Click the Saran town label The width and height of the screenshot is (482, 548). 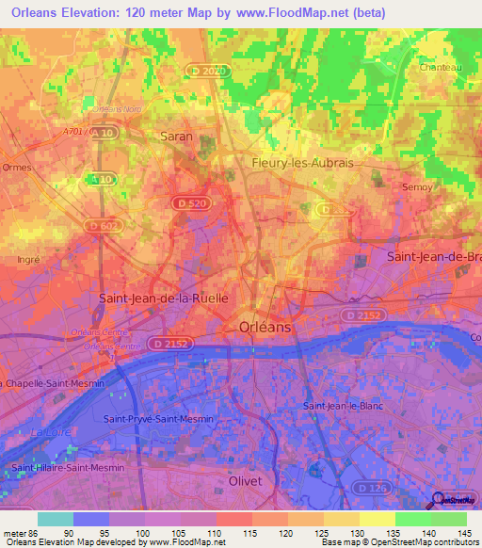point(177,137)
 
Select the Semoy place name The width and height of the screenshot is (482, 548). point(417,186)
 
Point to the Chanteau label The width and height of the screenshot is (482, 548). point(440,67)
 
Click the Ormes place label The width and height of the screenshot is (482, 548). point(17,168)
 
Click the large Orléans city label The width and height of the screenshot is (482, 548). point(260,327)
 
